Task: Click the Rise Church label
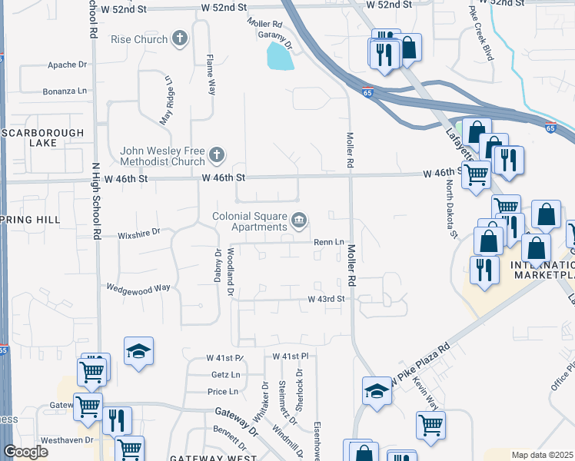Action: click(138, 39)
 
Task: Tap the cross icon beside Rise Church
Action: click(180, 38)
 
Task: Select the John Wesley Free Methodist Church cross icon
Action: click(218, 155)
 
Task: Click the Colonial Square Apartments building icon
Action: click(299, 222)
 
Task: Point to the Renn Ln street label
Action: click(327, 242)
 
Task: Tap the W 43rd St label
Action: click(324, 299)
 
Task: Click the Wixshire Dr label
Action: click(139, 230)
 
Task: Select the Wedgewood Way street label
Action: click(138, 288)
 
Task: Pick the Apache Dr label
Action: click(68, 65)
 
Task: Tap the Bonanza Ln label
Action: click(66, 91)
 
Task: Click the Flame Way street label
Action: click(210, 73)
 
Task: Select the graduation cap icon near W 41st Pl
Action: click(138, 351)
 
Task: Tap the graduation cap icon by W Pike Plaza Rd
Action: click(377, 390)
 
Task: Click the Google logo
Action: click(25, 452)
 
